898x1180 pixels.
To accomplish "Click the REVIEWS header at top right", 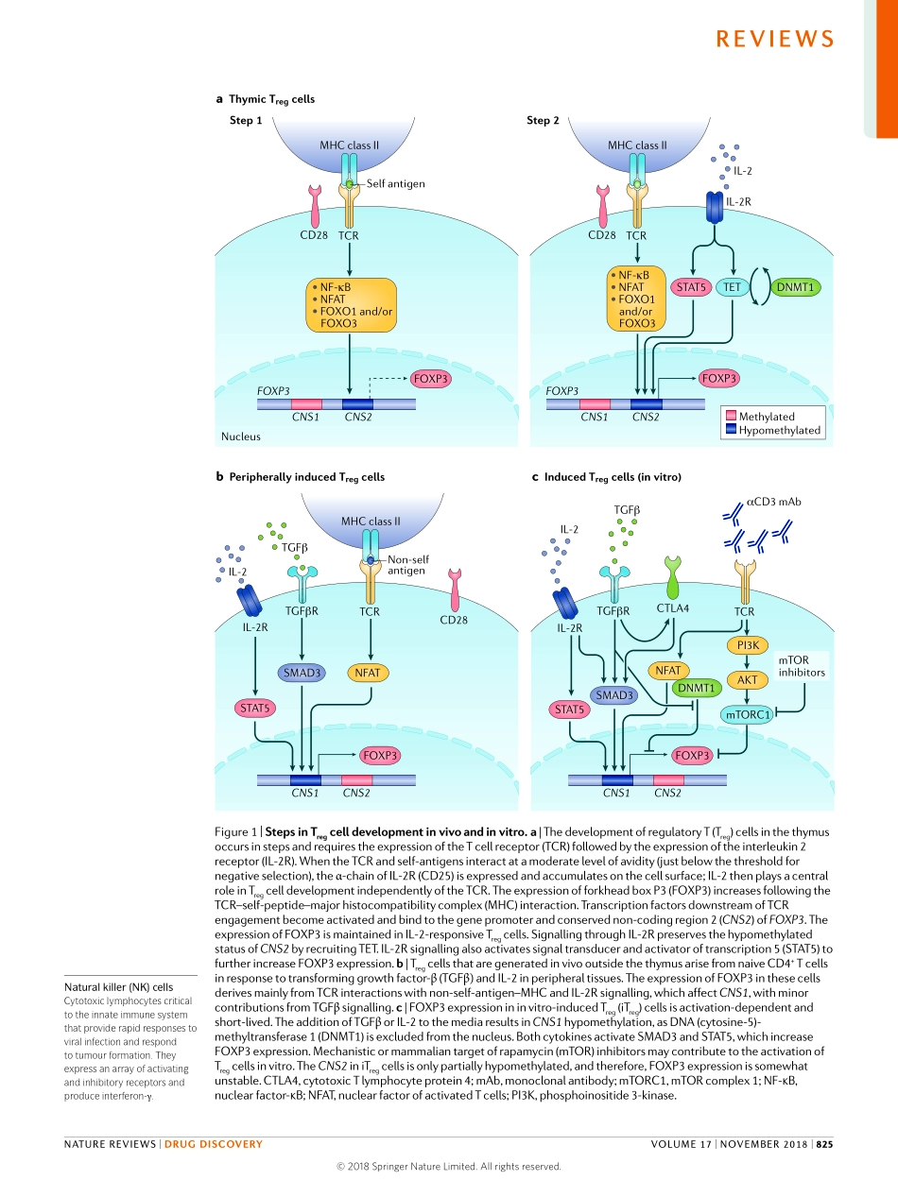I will pyautogui.click(x=774, y=39).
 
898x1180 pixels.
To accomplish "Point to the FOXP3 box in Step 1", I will pyautogui.click(x=431, y=379).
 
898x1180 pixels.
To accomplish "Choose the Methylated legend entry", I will pyautogui.click(x=766, y=416).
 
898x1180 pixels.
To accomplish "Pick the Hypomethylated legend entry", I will pyautogui.click(x=779, y=430).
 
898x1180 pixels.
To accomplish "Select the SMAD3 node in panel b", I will pyautogui.click(x=301, y=673).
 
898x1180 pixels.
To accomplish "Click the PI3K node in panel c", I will pyautogui.click(x=746, y=645).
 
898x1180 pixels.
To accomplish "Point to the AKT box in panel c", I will pyautogui.click(x=746, y=679).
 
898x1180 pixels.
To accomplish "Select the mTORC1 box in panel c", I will pyautogui.click(x=746, y=715).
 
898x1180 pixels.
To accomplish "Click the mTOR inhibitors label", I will pyautogui.click(x=801, y=666).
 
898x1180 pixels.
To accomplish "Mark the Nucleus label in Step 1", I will pyautogui.click(x=240, y=436).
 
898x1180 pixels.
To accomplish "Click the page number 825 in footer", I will pyautogui.click(x=824, y=1144).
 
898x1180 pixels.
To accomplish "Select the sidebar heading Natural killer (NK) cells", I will pyautogui.click(x=117, y=989).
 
